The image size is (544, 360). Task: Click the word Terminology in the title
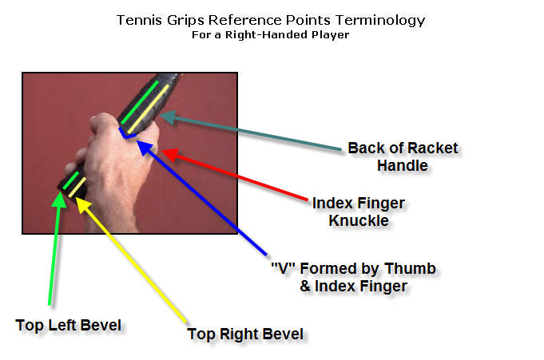pyautogui.click(x=380, y=21)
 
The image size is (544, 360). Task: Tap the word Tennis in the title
pyautogui.click(x=140, y=20)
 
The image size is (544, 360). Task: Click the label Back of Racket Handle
pyautogui.click(x=403, y=156)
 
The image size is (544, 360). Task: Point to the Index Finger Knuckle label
pyautogui.click(x=359, y=212)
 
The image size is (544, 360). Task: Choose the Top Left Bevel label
pyautogui.click(x=69, y=326)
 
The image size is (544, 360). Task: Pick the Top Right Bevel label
pyautogui.click(x=245, y=334)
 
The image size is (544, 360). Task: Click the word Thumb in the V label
pyautogui.click(x=410, y=269)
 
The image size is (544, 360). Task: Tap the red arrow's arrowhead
pyautogui.click(x=170, y=154)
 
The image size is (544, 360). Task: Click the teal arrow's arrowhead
pyautogui.click(x=167, y=117)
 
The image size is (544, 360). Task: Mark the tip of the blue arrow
pyautogui.click(x=137, y=140)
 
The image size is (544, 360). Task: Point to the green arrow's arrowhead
pyautogui.click(x=60, y=199)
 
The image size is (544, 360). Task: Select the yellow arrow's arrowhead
pyautogui.click(x=81, y=204)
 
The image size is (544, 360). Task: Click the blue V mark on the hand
pyautogui.click(x=125, y=135)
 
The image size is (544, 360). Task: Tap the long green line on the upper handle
pyautogui.click(x=140, y=102)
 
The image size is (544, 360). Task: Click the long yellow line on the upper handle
pyautogui.click(x=148, y=109)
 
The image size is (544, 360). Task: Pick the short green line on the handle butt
pyautogui.click(x=71, y=180)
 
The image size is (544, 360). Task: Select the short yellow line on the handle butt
pyautogui.click(x=77, y=187)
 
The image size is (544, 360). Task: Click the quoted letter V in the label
pyautogui.click(x=283, y=267)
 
